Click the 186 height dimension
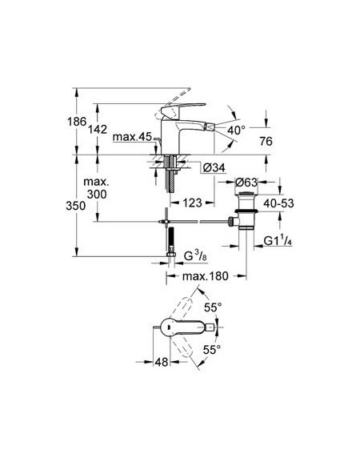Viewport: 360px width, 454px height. click(x=77, y=122)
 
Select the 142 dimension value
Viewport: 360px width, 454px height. click(x=98, y=130)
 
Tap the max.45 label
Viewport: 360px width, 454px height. click(x=132, y=137)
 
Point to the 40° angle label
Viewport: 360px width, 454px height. click(x=236, y=131)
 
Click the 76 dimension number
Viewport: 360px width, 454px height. click(x=266, y=142)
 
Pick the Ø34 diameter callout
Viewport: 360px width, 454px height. click(x=214, y=167)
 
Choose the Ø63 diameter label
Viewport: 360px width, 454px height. click(x=246, y=182)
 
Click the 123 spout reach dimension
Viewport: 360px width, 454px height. click(x=192, y=203)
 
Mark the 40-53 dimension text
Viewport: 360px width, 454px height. click(x=278, y=203)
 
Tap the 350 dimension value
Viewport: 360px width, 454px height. click(x=75, y=206)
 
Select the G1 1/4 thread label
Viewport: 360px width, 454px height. click(x=278, y=241)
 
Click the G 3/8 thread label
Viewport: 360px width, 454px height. click(x=195, y=256)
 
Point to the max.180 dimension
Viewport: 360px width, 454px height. click(x=205, y=276)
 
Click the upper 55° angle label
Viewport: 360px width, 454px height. click(x=213, y=307)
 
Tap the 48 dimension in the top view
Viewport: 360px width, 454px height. click(x=162, y=362)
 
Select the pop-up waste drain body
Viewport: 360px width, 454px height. click(x=246, y=211)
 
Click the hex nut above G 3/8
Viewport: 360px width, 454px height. click(x=171, y=254)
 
